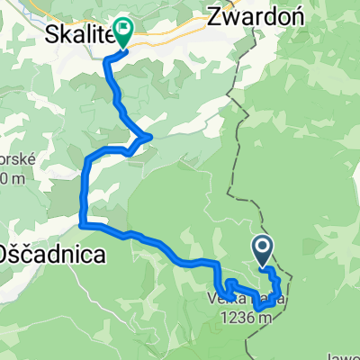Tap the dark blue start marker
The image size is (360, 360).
(x=263, y=249)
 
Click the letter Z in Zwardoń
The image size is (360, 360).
(x=215, y=16)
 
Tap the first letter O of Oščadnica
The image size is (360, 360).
(x=10, y=253)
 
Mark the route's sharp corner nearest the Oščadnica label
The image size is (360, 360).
(x=83, y=220)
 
